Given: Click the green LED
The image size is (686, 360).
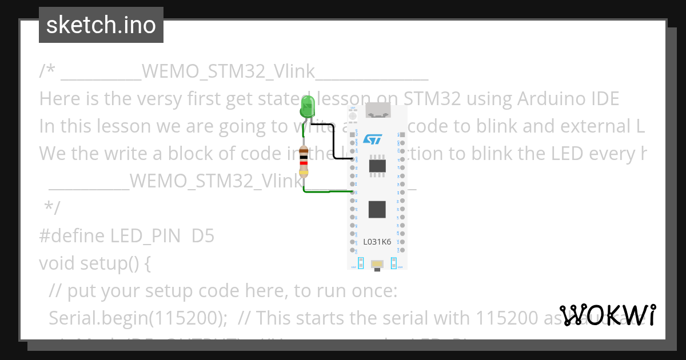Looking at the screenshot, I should click(308, 107).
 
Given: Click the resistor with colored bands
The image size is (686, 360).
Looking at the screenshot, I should click(304, 161).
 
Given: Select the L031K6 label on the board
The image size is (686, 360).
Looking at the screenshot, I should click(377, 242).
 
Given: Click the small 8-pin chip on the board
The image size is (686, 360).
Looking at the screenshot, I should click(377, 166).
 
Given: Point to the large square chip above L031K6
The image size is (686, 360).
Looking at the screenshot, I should click(377, 209).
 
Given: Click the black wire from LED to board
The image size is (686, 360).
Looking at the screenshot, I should click(333, 143).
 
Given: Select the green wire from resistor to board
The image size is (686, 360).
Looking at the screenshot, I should click(326, 191).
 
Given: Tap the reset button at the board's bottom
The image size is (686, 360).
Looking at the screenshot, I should click(377, 263).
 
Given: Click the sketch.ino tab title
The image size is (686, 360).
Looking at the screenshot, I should click(101, 25).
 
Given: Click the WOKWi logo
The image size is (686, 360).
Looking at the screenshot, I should click(608, 315).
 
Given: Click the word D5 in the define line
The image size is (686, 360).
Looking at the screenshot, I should click(203, 235).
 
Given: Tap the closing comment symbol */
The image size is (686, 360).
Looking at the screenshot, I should click(52, 208).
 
